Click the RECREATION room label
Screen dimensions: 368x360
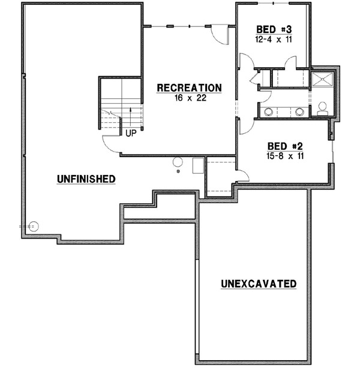click(189, 88)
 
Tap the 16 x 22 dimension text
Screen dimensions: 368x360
click(189, 98)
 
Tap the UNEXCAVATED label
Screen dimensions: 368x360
click(258, 283)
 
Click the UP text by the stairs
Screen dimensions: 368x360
click(130, 133)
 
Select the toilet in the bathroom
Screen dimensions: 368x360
click(322, 108)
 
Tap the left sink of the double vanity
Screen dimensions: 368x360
click(270, 111)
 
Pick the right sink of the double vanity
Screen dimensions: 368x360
click(299, 111)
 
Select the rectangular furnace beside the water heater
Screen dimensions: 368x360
click(197, 165)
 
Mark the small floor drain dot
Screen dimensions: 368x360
click(179, 173)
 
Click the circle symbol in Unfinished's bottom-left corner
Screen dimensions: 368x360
click(34, 226)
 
